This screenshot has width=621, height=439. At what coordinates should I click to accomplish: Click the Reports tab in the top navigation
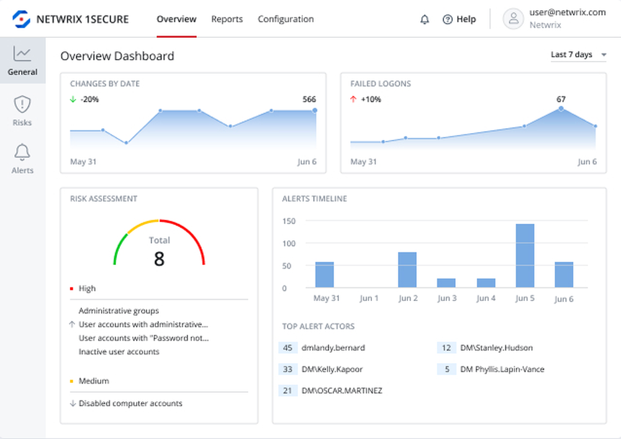(227, 19)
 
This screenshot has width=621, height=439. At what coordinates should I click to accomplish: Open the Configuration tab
(286, 19)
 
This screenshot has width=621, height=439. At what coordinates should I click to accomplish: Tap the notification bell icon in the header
(425, 19)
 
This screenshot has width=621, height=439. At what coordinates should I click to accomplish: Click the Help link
(459, 19)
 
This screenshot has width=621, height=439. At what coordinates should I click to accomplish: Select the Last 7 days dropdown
(578, 55)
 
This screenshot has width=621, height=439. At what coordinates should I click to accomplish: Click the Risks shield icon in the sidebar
(22, 104)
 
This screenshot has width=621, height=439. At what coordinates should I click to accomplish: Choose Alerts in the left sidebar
(22, 159)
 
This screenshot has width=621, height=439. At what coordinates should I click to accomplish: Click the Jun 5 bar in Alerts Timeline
(525, 256)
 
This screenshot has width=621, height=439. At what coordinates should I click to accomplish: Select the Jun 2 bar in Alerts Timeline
(407, 270)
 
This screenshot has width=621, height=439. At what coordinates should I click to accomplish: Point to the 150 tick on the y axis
(288, 221)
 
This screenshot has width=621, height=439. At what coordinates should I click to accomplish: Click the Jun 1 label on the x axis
(369, 298)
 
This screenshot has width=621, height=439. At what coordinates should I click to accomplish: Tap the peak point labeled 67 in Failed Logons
(561, 108)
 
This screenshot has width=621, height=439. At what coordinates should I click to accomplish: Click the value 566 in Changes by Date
(309, 99)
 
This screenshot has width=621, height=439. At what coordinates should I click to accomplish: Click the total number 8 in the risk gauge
(159, 259)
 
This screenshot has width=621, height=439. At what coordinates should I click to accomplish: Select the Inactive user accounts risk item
(119, 352)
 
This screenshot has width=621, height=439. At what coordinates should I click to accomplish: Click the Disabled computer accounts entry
(130, 404)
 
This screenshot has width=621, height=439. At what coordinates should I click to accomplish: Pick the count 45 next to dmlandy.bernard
(288, 348)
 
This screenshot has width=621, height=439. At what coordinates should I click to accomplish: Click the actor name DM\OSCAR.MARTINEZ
(342, 390)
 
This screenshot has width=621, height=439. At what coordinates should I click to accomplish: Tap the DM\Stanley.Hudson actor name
(496, 348)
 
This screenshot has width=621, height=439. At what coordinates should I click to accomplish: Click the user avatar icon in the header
(514, 19)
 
